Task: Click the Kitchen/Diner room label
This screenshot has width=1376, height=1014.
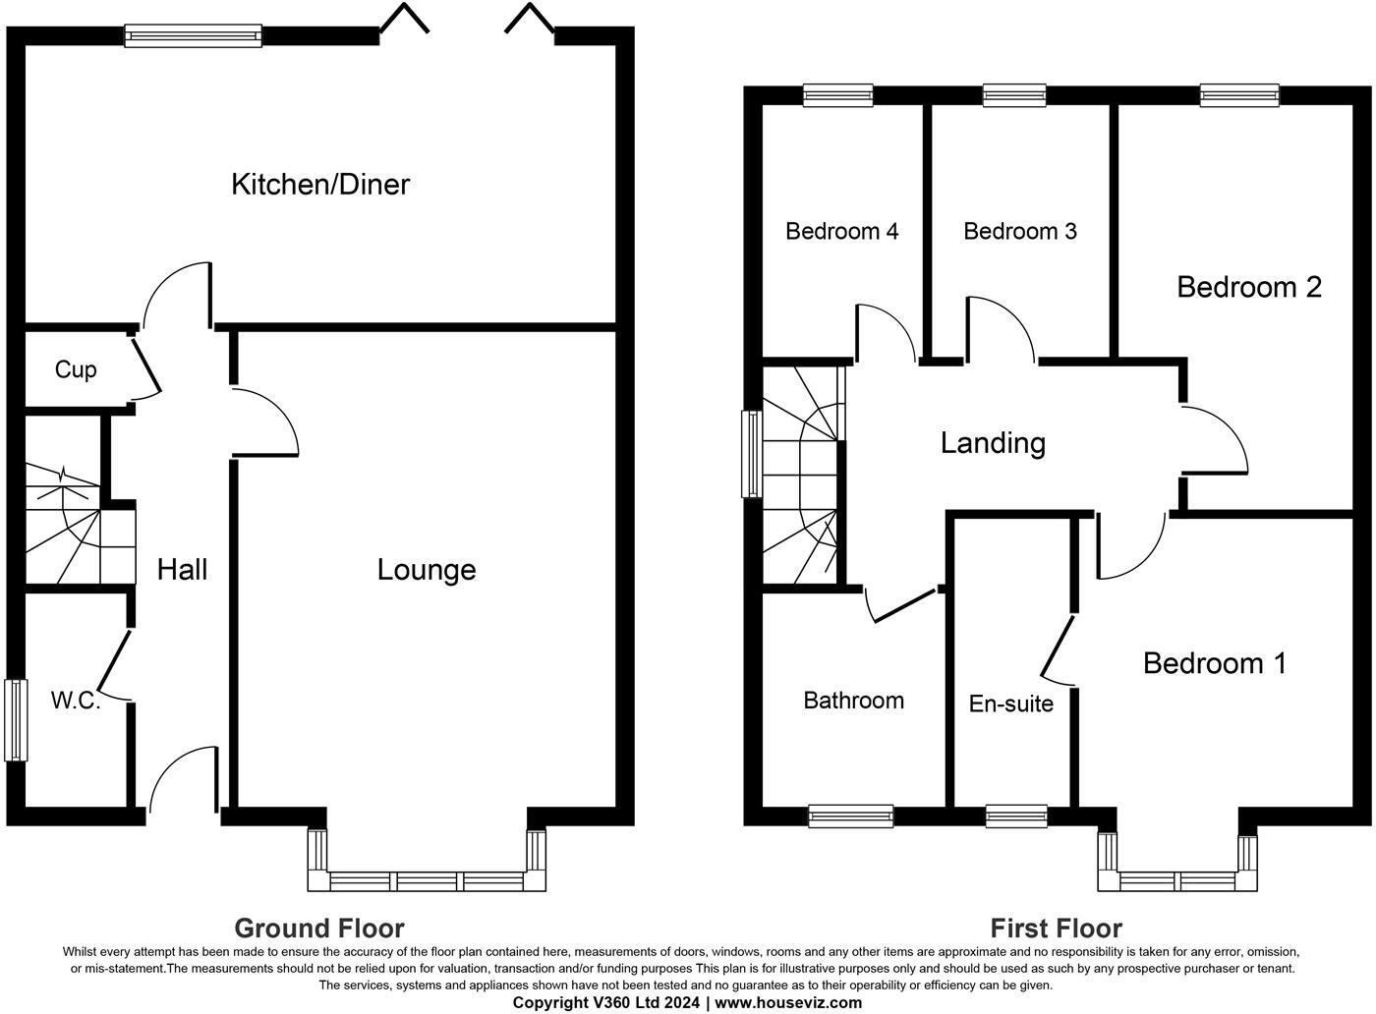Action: (320, 185)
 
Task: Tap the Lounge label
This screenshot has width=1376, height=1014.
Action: (427, 571)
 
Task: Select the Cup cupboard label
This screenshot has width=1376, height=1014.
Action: (76, 369)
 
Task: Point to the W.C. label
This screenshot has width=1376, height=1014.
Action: (76, 701)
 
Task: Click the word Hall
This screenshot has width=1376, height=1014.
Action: (182, 570)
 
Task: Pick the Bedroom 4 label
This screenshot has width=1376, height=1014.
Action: (841, 232)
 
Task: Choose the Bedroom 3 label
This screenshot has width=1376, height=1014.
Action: (1020, 232)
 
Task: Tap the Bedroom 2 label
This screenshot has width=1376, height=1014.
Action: (1249, 288)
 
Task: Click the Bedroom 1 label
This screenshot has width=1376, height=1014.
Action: (1215, 663)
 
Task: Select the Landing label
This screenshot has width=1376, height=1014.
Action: (993, 443)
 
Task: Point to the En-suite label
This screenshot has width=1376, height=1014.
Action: (1011, 704)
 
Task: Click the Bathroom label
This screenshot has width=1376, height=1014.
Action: (853, 701)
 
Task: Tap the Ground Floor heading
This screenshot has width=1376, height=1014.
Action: (319, 928)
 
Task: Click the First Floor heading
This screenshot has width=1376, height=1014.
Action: (1056, 928)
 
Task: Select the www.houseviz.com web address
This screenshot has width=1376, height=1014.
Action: (788, 1003)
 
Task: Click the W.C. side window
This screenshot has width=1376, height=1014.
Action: (16, 720)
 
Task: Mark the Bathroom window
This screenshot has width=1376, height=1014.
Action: (851, 817)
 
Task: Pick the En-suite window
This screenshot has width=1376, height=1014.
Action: (1016, 817)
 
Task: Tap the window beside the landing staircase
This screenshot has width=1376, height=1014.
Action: (751, 454)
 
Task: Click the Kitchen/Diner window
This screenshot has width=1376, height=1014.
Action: (194, 35)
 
